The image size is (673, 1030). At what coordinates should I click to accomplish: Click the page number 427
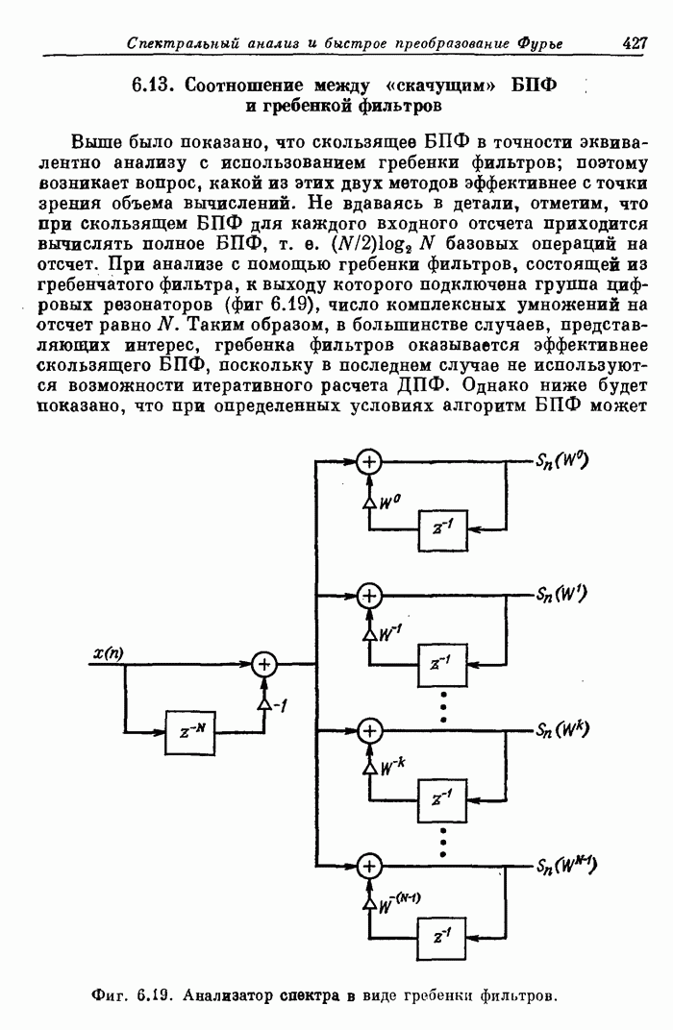point(635,43)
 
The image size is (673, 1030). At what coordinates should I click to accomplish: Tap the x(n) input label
point(109,653)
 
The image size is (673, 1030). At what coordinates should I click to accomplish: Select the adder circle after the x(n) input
point(264,665)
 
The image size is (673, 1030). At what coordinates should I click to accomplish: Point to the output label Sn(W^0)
point(561,461)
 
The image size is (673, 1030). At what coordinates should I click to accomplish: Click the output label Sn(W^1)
point(561,595)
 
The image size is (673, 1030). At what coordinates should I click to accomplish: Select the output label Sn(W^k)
point(562,729)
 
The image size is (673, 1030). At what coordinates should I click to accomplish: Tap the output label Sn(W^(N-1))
point(566,866)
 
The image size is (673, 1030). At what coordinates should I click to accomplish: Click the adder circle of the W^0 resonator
point(368,462)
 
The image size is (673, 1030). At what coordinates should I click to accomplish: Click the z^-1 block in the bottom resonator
point(441,938)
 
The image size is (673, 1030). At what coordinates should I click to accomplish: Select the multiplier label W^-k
point(393,767)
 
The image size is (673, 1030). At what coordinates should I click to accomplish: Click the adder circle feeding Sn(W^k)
point(369,730)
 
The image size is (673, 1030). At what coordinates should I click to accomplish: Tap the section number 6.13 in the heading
point(153,85)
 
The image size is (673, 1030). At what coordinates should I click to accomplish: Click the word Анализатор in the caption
point(227,995)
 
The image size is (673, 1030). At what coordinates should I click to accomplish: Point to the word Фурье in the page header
point(540,44)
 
